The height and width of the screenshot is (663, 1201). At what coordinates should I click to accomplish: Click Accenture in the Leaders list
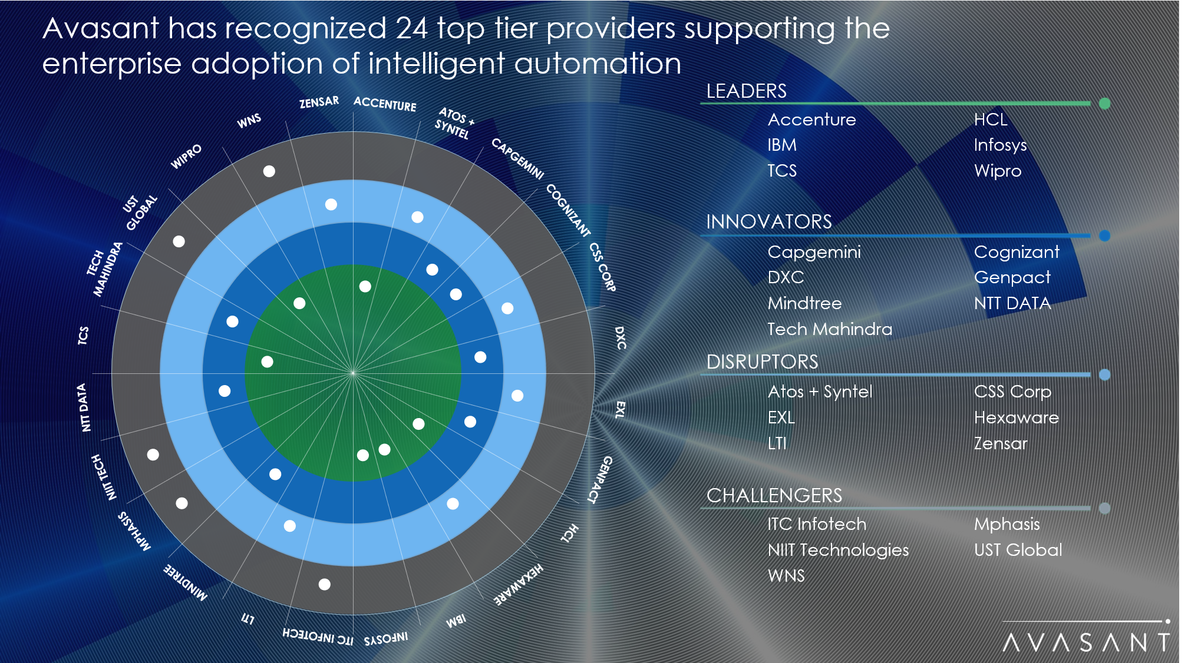(811, 120)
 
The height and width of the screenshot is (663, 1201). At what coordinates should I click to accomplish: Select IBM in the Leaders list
(781, 145)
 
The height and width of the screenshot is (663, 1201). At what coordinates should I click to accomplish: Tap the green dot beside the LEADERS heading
(1104, 104)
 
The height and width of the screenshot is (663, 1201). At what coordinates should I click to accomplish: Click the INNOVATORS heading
(768, 222)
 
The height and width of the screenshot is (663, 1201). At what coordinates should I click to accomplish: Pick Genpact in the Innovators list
(1012, 277)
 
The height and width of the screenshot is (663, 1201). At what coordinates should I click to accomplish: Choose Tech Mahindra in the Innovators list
(829, 329)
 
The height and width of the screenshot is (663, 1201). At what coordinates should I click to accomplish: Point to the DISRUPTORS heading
(762, 362)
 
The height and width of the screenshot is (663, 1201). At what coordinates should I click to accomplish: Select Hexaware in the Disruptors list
(1016, 417)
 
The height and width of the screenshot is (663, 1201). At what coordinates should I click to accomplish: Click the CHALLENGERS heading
(774, 496)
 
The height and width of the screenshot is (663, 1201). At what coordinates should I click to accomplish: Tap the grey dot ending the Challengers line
(1104, 508)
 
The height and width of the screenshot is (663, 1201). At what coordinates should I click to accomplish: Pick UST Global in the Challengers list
(1018, 550)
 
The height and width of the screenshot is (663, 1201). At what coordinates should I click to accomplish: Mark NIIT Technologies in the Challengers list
(837, 550)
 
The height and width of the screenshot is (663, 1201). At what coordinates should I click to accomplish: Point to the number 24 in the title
(411, 28)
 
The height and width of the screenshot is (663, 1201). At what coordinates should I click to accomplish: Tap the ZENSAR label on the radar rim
(319, 102)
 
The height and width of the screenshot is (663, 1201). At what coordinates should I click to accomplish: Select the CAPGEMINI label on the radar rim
(517, 158)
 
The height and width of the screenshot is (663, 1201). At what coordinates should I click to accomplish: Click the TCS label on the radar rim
(83, 335)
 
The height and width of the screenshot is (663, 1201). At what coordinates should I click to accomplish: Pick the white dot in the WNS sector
(269, 171)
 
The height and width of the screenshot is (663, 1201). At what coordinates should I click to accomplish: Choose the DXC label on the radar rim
(620, 338)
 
